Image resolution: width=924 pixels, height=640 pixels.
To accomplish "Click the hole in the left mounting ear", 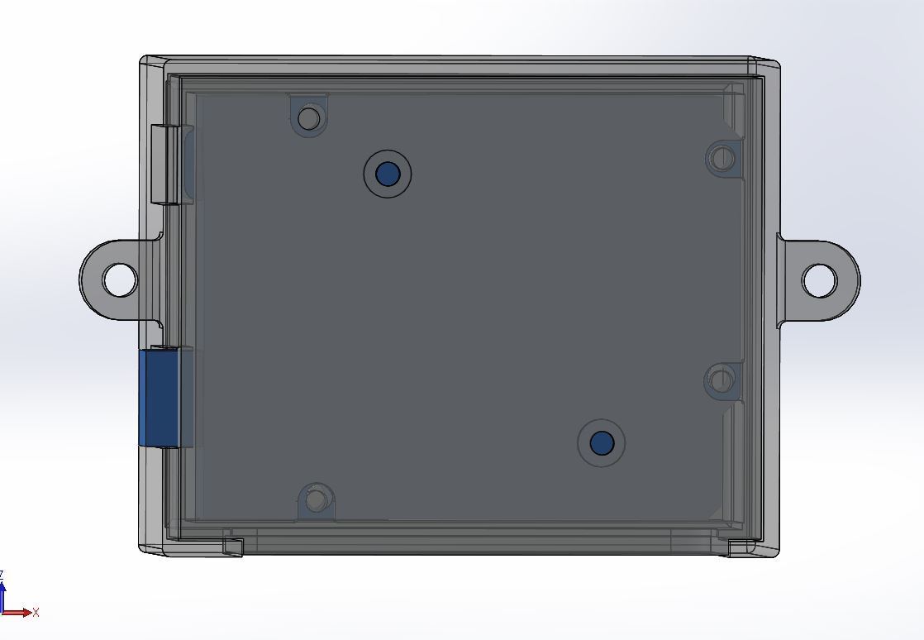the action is pyautogui.click(x=120, y=279).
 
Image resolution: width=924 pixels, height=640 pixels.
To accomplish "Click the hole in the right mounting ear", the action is pyautogui.click(x=819, y=280).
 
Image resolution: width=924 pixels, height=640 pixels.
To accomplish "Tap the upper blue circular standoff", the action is pyautogui.click(x=387, y=174).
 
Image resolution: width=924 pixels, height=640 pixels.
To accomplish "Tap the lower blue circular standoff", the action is pyautogui.click(x=601, y=442).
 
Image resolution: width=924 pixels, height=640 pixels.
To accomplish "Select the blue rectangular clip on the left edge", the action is pyautogui.click(x=160, y=397).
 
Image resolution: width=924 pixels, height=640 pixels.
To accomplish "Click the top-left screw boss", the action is pyautogui.click(x=309, y=117).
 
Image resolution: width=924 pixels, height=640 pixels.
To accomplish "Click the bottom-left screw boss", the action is pyautogui.click(x=317, y=500).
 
